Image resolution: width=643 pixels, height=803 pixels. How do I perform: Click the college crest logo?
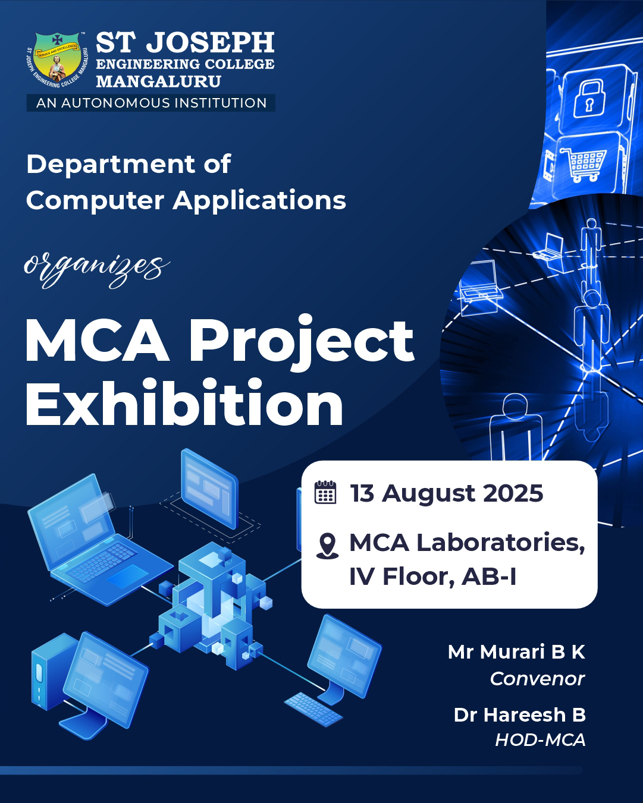click(58, 59)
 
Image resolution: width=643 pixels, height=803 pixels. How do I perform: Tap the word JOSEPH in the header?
click(210, 42)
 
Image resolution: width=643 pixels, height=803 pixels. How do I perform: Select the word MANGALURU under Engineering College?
click(159, 81)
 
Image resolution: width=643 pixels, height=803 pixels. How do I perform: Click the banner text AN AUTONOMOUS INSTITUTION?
click(151, 103)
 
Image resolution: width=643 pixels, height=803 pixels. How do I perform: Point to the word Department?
click(111, 165)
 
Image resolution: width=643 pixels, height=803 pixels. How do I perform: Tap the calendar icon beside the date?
click(325, 492)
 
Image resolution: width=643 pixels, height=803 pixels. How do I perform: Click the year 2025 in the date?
click(513, 493)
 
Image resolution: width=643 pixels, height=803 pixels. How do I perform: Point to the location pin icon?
click(327, 546)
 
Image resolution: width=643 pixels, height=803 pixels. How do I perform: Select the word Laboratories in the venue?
click(501, 543)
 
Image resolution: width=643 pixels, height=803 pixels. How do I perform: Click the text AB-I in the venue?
click(489, 577)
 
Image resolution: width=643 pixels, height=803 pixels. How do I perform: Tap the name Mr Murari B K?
click(516, 652)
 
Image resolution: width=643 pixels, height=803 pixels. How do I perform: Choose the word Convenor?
click(537, 679)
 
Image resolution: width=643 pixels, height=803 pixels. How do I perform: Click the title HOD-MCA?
click(540, 740)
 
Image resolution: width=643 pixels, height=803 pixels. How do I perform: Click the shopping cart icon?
click(584, 165)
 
